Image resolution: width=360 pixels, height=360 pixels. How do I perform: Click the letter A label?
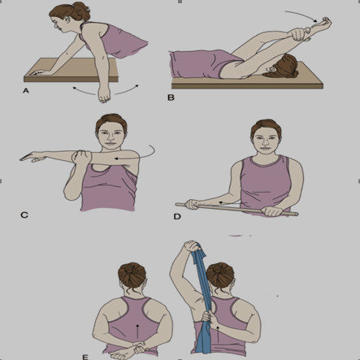[26, 91]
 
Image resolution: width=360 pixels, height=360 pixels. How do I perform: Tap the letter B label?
[171, 98]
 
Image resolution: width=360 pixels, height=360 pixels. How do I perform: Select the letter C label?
[24, 215]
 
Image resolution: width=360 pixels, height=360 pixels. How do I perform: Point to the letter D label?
[177, 217]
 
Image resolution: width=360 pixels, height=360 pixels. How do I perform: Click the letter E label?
[85, 357]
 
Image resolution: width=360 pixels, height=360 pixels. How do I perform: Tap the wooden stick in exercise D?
[237, 209]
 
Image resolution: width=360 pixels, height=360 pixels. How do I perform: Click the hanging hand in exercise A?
[104, 94]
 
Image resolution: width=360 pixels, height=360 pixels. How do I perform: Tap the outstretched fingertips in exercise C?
[22, 159]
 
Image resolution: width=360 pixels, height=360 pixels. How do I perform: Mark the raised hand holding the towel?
[192, 246]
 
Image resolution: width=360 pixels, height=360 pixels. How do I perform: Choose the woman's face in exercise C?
[111, 137]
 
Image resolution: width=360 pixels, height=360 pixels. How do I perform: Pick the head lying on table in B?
[282, 67]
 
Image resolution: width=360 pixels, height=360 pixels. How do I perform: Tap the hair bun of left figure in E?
[132, 274]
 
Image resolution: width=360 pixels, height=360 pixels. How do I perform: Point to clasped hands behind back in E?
[129, 349]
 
